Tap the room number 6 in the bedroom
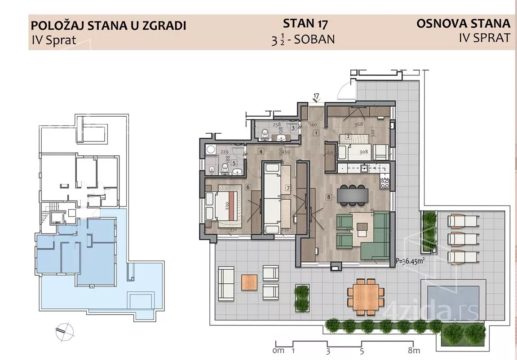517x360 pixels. pyautogui.click(x=247, y=187)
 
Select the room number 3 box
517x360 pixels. pyautogui.click(x=293, y=127)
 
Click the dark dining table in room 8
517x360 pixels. pyautogui.click(x=354, y=193)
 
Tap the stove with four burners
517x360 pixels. pyautogui.click(x=385, y=183)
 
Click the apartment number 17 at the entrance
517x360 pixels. pyautogui.click(x=316, y=96)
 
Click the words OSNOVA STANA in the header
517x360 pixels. pyautogui.click(x=463, y=23)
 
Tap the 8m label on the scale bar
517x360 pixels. pyautogui.click(x=413, y=351)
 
